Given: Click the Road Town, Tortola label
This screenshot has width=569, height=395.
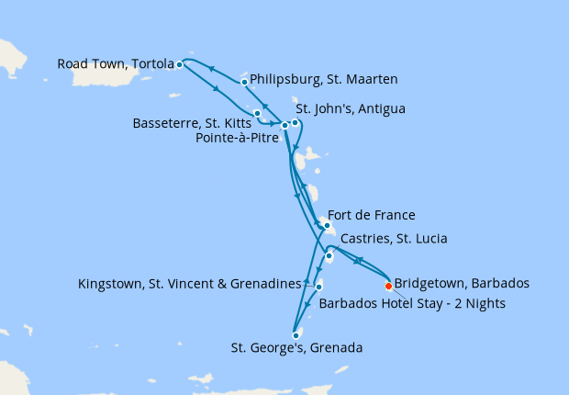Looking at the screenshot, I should (x=116, y=64).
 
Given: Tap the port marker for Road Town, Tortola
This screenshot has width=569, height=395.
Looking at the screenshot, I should (x=180, y=64).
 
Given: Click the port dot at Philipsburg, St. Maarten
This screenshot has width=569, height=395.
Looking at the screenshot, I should (x=244, y=82).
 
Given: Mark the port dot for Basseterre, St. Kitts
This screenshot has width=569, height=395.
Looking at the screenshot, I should (x=258, y=113).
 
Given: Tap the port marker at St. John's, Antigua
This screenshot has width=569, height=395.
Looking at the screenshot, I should (x=295, y=122).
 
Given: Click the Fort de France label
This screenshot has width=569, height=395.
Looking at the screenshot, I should (x=371, y=216).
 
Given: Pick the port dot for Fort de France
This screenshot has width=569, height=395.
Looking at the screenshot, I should (x=327, y=224).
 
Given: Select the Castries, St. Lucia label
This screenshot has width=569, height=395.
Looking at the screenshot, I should (x=394, y=239).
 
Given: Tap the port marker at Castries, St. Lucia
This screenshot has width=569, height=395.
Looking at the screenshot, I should (x=329, y=256).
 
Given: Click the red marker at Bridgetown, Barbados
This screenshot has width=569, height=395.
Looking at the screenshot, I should (x=388, y=286).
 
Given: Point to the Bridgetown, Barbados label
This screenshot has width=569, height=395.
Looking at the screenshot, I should (x=461, y=283).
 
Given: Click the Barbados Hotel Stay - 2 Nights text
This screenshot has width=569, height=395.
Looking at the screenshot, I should (x=412, y=303).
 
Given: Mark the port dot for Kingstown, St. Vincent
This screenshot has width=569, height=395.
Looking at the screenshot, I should (x=318, y=288).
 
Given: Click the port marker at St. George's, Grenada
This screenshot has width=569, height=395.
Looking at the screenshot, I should (x=296, y=335).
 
